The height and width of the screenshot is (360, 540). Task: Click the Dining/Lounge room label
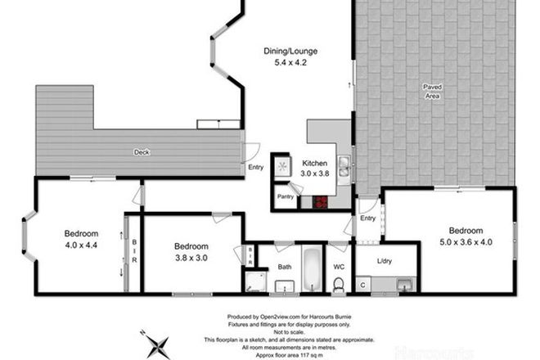point(284,52)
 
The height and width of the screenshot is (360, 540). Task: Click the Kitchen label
point(314,163)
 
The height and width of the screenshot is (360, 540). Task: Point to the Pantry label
point(285,196)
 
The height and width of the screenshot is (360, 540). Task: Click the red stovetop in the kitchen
point(321,202)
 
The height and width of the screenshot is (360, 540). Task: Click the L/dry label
point(385,261)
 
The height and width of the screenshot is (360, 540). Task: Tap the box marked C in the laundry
point(362,285)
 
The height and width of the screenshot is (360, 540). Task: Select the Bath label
point(284,267)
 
